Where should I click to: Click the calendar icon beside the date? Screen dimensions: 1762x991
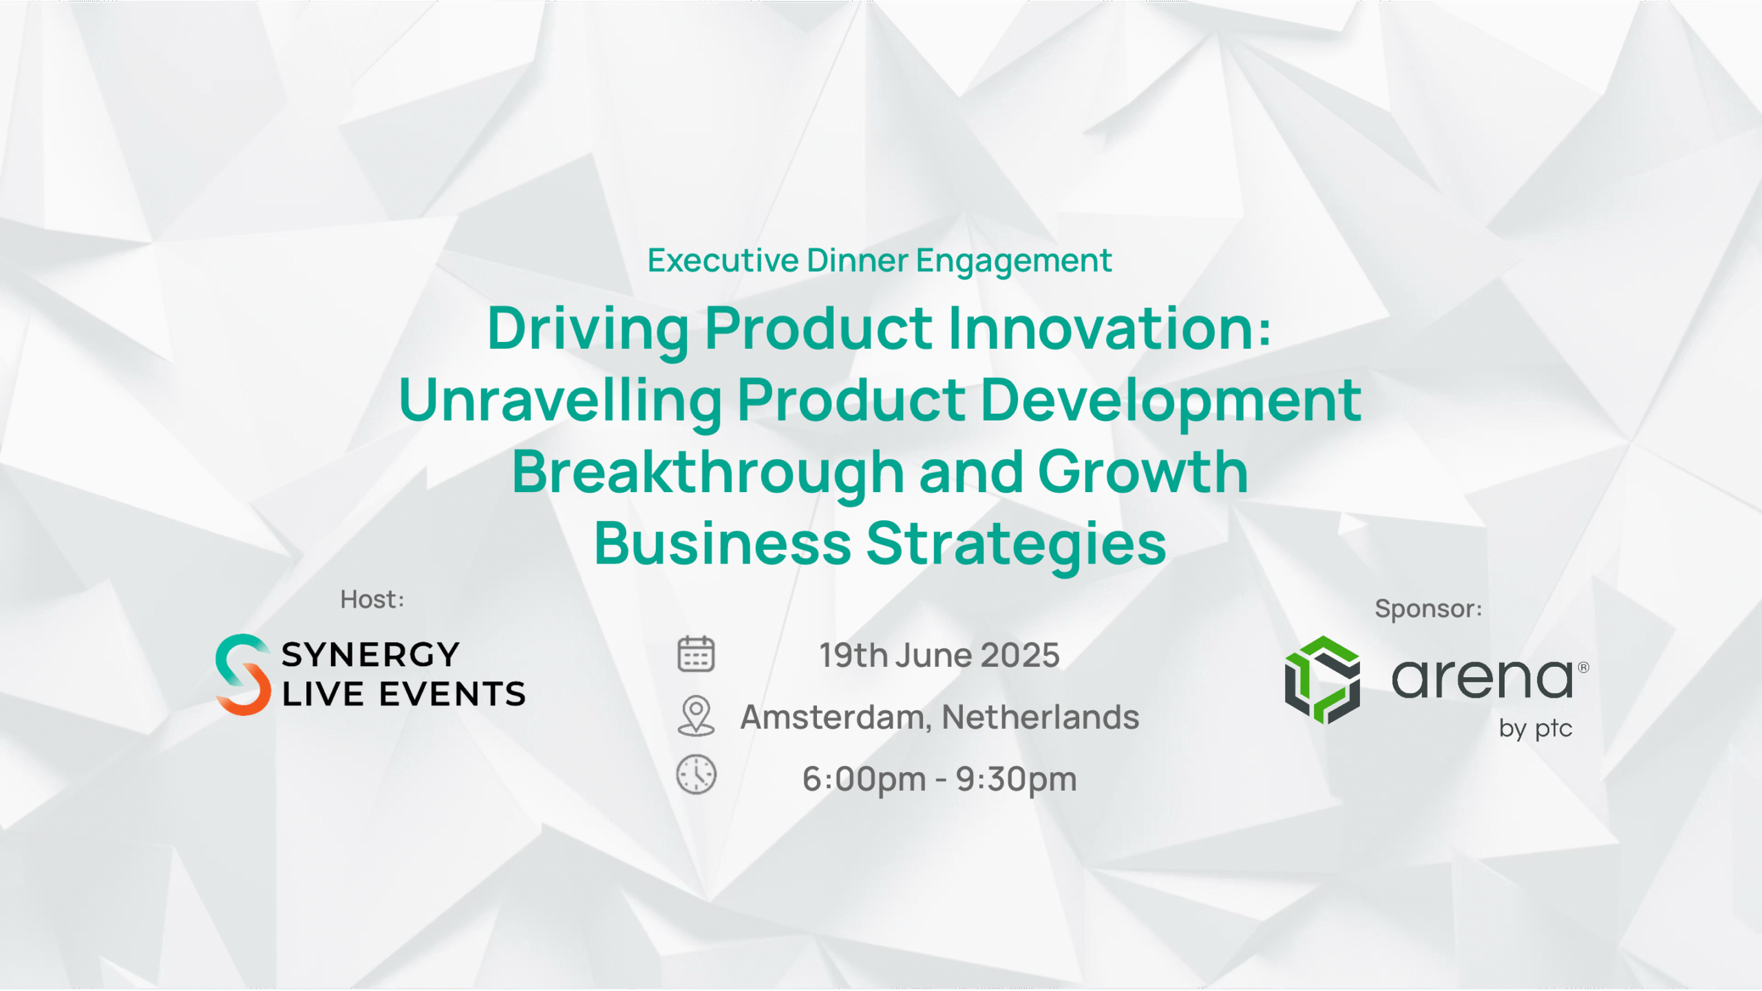click(696, 654)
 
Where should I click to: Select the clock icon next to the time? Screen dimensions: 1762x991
click(697, 775)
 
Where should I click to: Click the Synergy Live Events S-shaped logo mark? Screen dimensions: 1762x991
click(243, 675)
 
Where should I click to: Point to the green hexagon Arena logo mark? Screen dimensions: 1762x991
click(1322, 680)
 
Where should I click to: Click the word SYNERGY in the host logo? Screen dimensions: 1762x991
click(370, 654)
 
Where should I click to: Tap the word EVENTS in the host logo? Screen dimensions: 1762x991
click(452, 694)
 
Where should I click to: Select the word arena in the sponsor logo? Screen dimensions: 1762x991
click(1483, 678)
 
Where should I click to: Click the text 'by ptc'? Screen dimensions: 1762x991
click(1536, 729)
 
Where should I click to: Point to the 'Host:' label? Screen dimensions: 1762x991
click(372, 599)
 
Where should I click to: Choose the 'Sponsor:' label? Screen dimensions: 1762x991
click(1428, 609)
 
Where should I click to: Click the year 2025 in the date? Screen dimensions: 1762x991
click(1020, 655)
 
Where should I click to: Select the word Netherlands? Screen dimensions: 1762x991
click(1041, 717)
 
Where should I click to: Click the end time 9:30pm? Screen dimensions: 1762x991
click(1017, 780)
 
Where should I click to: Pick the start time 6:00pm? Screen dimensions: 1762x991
click(864, 780)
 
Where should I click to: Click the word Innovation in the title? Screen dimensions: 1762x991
click(1110, 328)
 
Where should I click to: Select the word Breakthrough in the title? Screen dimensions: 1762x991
click(708, 473)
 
